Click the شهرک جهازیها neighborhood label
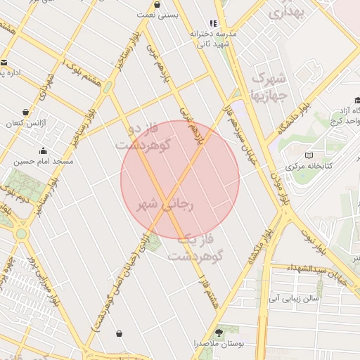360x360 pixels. [x=269, y=84]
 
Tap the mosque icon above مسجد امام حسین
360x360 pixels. [x=44, y=150]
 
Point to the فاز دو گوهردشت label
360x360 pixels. [x=146, y=138]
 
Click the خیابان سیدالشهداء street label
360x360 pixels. [x=337, y=271]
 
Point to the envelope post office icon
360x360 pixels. [x=4, y=62]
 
